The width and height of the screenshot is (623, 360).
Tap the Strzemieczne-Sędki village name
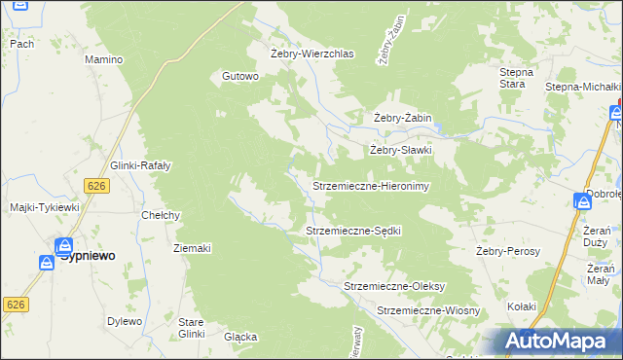click(x=353, y=231)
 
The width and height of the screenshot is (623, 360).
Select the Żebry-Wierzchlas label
click(x=311, y=54)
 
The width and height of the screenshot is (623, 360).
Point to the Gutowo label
click(x=240, y=76)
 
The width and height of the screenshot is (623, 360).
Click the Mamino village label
click(x=103, y=59)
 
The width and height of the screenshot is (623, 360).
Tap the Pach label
click(x=21, y=44)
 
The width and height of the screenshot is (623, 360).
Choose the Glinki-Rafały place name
click(x=141, y=165)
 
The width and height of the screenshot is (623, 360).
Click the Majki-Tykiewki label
click(x=44, y=207)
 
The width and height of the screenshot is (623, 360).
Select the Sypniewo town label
click(x=88, y=255)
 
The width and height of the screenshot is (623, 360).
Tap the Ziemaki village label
click(x=192, y=248)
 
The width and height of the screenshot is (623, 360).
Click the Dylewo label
click(x=124, y=321)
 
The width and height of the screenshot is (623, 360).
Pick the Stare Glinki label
click(x=191, y=327)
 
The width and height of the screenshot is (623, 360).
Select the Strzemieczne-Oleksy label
click(x=394, y=286)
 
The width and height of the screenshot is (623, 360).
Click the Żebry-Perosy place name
click(x=508, y=251)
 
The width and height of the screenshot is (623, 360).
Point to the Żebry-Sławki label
click(x=400, y=151)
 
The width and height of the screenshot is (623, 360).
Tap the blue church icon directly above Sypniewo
click(x=65, y=246)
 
